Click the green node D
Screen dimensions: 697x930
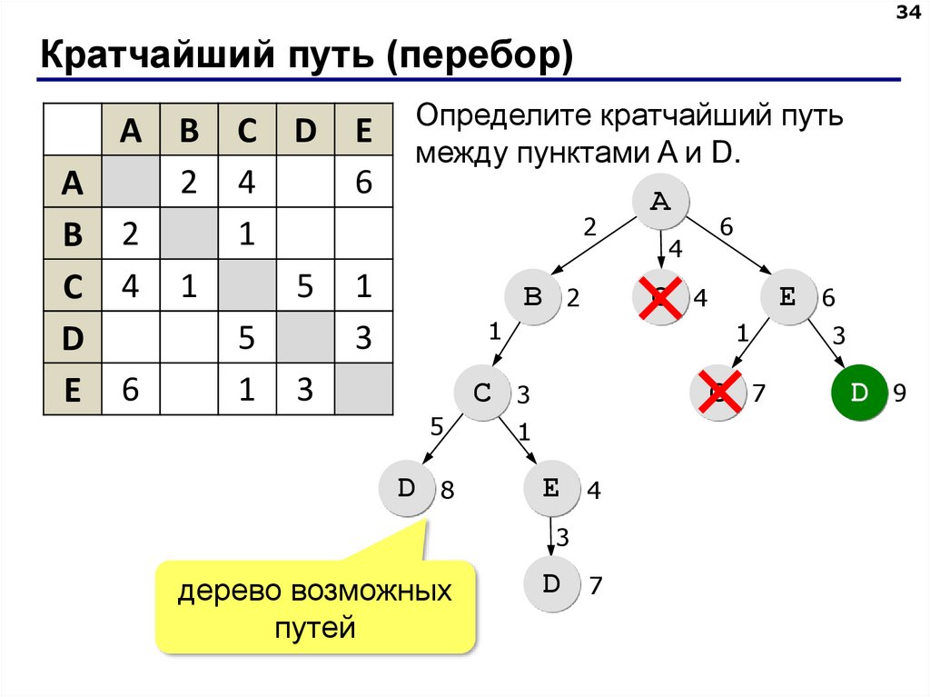[x=858, y=393]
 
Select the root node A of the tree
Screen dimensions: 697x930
[x=660, y=201]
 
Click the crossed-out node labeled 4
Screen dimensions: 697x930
[x=660, y=297]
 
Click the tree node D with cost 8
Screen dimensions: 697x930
[x=406, y=489]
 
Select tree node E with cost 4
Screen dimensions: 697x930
[x=551, y=489]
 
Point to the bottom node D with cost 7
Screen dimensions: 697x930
[x=551, y=584]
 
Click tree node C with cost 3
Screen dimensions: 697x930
[x=482, y=393]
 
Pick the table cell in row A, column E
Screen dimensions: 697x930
[x=363, y=183]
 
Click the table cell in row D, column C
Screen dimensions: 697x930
[x=246, y=337]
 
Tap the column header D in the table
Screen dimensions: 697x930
[x=304, y=131]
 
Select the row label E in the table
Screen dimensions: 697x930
[x=73, y=390]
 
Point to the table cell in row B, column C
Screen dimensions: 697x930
[x=246, y=234]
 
